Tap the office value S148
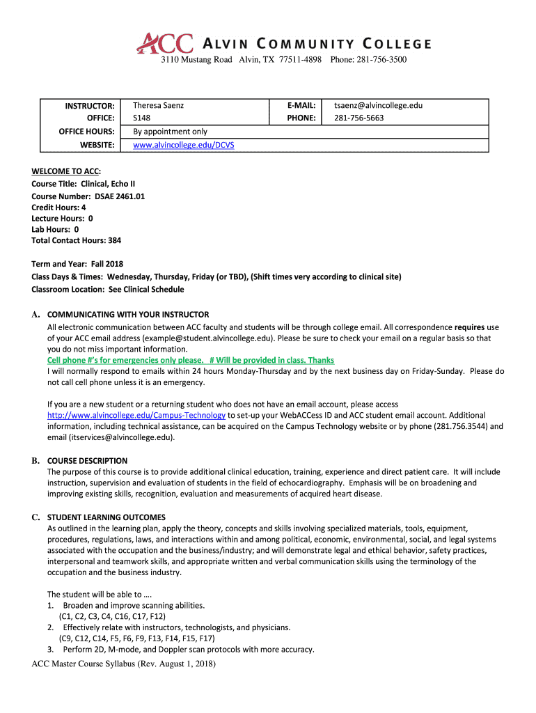(x=141, y=118)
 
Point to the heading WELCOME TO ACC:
(x=66, y=171)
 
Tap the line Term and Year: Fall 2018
(x=77, y=265)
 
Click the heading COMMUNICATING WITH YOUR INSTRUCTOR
(x=128, y=315)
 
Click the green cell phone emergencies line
(x=190, y=360)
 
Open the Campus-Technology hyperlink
(x=136, y=416)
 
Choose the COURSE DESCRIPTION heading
(x=87, y=461)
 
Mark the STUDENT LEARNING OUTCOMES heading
(x=106, y=517)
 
